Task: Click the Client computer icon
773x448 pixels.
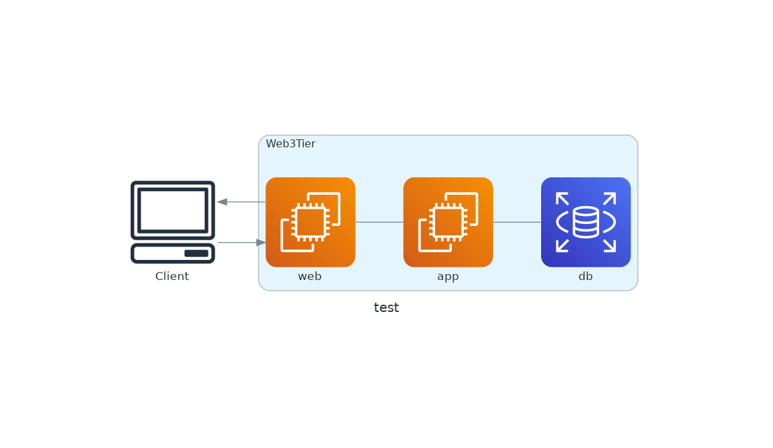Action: coord(173,222)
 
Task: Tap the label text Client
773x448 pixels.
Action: coord(172,276)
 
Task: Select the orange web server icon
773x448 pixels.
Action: coord(311,222)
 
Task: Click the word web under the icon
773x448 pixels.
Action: coord(310,276)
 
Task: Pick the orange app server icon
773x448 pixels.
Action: coord(448,222)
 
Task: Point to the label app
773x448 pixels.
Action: coord(448,277)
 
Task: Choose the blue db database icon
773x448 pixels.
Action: coord(586,222)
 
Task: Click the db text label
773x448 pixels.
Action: coord(586,276)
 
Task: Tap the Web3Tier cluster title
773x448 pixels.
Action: coord(291,143)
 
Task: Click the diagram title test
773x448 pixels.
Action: coord(386,307)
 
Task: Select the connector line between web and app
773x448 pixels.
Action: coord(379,222)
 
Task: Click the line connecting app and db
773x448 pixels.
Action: coord(517,222)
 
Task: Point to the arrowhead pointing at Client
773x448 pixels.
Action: coord(223,202)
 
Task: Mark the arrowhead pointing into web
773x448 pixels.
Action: coord(261,242)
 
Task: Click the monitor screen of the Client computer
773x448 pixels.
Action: coord(173,211)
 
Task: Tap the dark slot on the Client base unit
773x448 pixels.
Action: coord(196,253)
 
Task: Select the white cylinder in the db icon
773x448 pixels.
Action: coord(586,222)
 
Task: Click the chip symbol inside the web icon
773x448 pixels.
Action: coord(311,222)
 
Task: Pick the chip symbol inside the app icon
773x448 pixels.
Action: coord(448,222)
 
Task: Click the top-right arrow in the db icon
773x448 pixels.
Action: coord(610,199)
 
